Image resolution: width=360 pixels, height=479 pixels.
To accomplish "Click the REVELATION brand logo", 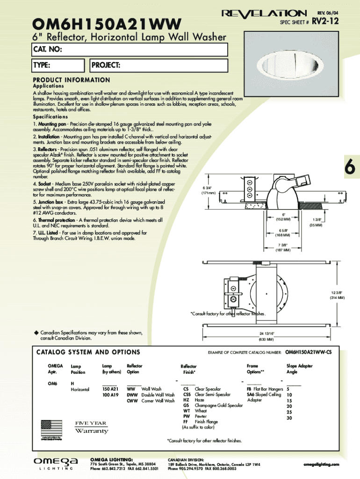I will (265, 13).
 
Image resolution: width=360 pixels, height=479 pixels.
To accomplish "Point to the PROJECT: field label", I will (106, 65).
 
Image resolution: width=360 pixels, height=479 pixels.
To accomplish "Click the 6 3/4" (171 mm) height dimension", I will (208, 190).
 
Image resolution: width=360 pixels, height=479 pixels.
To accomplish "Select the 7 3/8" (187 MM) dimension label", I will (283, 247).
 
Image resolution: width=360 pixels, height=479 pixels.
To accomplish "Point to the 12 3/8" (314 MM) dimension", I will (337, 295).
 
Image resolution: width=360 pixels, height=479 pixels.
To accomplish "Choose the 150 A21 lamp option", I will (110, 389).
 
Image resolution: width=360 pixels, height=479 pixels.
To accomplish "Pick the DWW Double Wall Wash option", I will (151, 395).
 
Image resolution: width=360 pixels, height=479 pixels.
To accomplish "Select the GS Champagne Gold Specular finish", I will (213, 405).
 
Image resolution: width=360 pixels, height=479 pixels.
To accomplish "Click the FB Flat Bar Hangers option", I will (265, 389).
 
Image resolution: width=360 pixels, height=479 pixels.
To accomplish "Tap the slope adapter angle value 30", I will (289, 418).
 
